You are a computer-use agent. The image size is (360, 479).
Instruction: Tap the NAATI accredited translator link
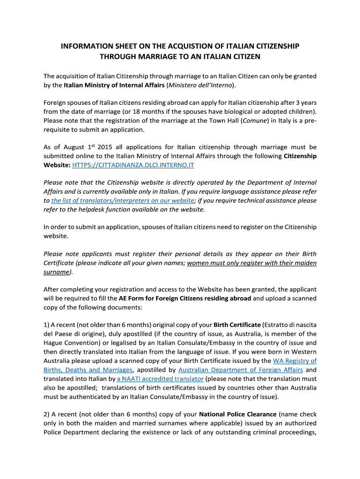(x=160, y=378)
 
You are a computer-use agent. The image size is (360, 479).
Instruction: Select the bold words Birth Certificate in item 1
(x=237, y=325)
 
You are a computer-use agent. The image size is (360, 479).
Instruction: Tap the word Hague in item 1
(x=53, y=343)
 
